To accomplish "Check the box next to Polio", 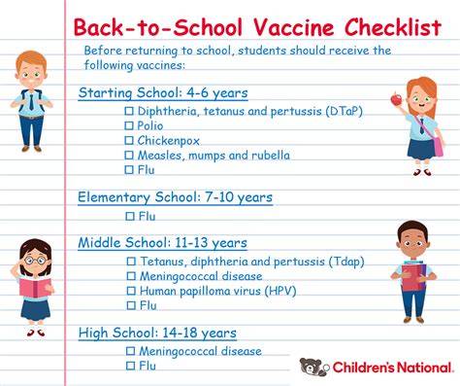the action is pyautogui.click(x=129, y=125).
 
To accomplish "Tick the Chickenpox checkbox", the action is pyautogui.click(x=129, y=140).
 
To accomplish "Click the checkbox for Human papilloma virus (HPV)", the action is pyautogui.click(x=131, y=291).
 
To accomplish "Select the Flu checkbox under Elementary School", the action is pyautogui.click(x=130, y=216).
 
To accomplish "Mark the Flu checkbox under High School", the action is pyautogui.click(x=130, y=366).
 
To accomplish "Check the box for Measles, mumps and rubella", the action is pyautogui.click(x=129, y=155).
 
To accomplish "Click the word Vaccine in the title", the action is pyautogui.click(x=293, y=27).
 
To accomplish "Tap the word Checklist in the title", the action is pyautogui.click(x=393, y=27).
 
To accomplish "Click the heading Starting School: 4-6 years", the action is pyautogui.click(x=163, y=93).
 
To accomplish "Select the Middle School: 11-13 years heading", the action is pyautogui.click(x=163, y=243).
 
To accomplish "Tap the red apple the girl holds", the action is pyautogui.click(x=396, y=99).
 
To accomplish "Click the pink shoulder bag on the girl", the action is pyautogui.click(x=438, y=146).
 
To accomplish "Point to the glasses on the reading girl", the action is pyautogui.click(x=35, y=261).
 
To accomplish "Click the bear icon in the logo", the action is pyautogui.click(x=312, y=367).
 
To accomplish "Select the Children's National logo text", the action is pyautogui.click(x=392, y=368).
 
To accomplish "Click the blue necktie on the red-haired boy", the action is pyautogui.click(x=31, y=100).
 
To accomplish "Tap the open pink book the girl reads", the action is pyautogui.click(x=35, y=287).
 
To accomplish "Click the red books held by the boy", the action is pyautogui.click(x=413, y=276).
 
